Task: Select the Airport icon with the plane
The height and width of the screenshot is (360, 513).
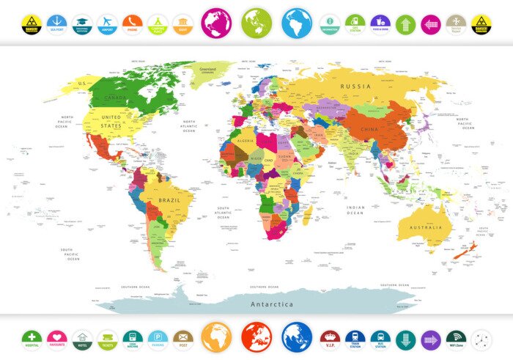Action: (x=107, y=23)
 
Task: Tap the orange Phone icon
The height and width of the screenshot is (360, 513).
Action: (x=132, y=23)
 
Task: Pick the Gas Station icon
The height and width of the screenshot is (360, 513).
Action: (x=355, y=23)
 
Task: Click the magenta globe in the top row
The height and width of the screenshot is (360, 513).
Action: (x=216, y=23)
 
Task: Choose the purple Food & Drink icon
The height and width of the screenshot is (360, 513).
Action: (x=380, y=23)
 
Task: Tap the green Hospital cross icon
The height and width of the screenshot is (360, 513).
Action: (x=32, y=339)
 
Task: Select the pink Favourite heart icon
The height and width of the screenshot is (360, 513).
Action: (x=57, y=339)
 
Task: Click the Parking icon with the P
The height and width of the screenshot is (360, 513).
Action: (x=158, y=339)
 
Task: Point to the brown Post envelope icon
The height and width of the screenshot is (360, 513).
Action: (x=182, y=339)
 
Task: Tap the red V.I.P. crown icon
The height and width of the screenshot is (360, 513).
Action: (x=331, y=339)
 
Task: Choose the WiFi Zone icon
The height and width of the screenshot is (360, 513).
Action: (x=456, y=339)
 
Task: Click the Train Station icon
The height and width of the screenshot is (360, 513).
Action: (x=355, y=339)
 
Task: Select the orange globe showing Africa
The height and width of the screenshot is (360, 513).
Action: (x=216, y=337)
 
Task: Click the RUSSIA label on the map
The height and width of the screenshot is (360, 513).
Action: (x=355, y=87)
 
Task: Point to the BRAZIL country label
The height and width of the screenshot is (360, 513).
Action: (x=169, y=199)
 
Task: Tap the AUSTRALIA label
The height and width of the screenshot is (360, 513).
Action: (x=425, y=227)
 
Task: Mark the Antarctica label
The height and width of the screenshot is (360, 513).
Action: (x=272, y=304)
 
